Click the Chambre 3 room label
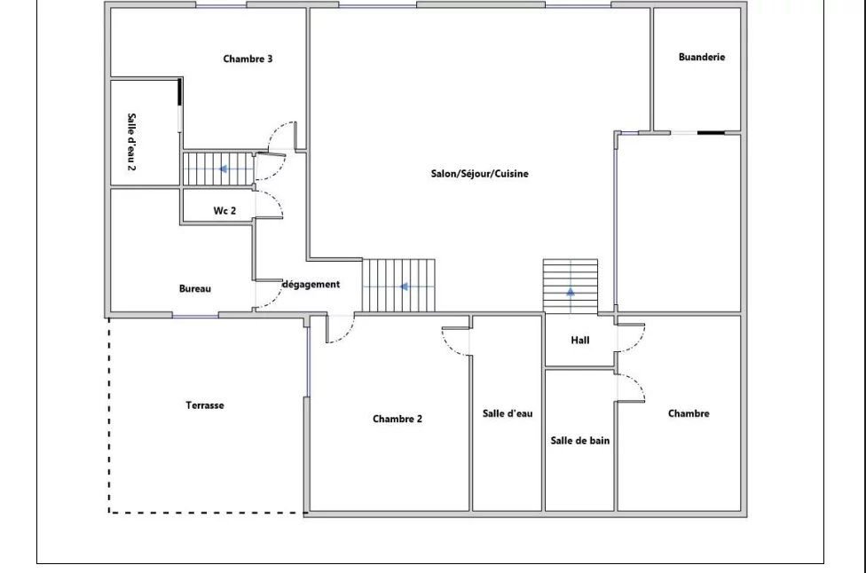[248, 59]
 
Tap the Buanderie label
[702, 57]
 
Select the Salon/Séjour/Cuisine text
[479, 173]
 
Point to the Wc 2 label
[224, 210]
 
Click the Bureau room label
[195, 288]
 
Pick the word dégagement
[311, 285]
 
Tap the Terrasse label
[205, 405]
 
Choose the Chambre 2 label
[398, 419]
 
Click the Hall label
[580, 340]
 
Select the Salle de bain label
[580, 441]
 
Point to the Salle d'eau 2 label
[131, 142]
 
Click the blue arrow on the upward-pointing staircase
[571, 292]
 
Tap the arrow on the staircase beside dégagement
[404, 286]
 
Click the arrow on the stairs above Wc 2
[223, 169]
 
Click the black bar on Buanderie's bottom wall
[711, 132]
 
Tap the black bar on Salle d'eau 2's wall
[179, 92]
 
